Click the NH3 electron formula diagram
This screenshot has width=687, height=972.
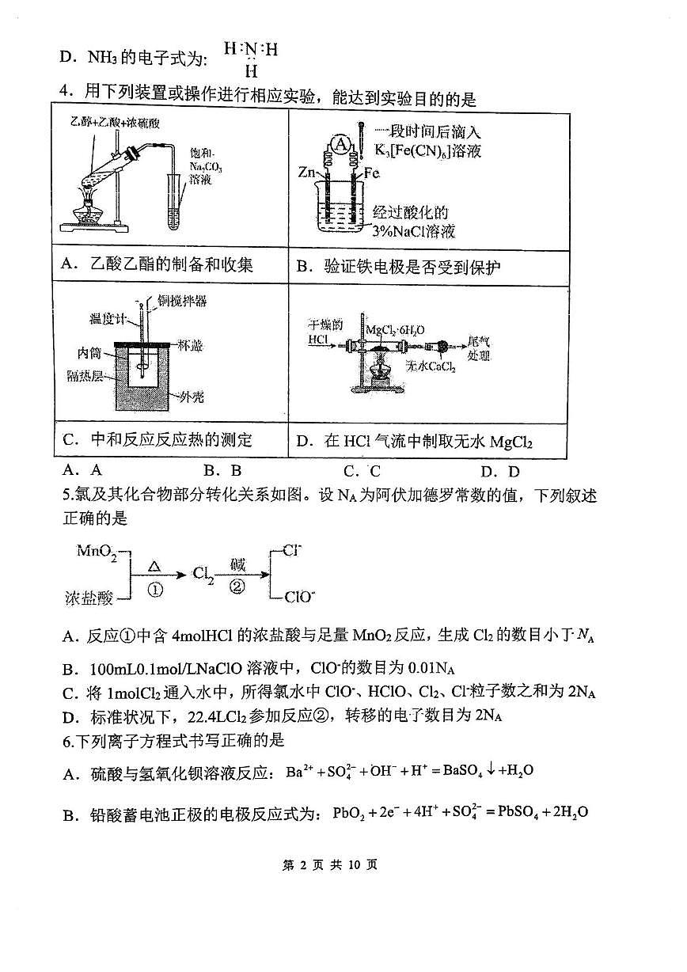point(251,58)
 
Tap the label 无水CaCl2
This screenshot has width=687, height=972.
point(428,366)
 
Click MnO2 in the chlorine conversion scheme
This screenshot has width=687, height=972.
point(97,551)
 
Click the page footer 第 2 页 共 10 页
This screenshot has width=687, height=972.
point(341,864)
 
